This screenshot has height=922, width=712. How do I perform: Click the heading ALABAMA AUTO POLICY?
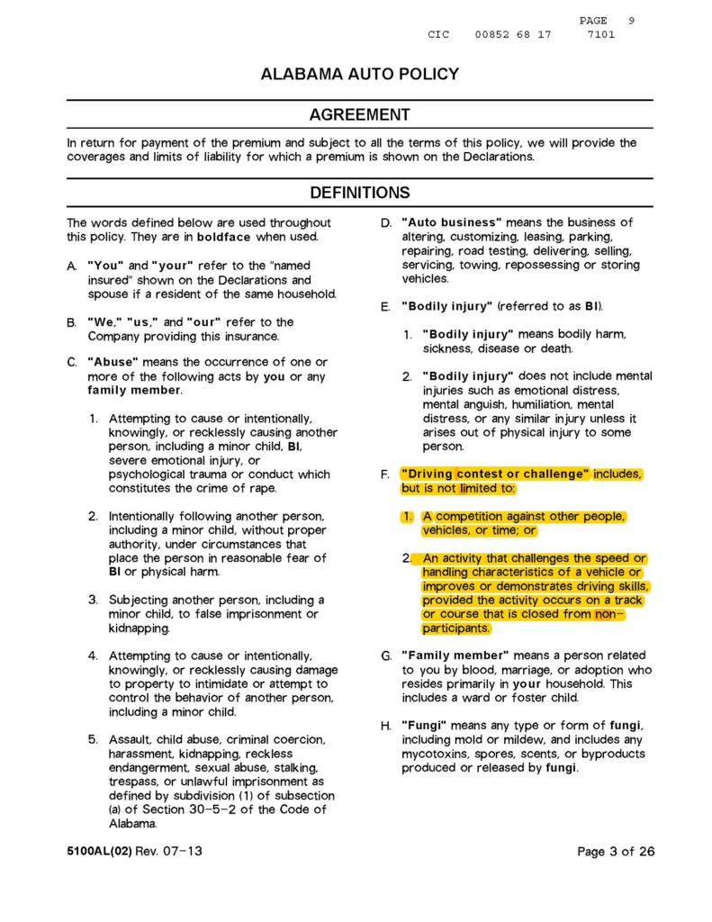pyautogui.click(x=359, y=75)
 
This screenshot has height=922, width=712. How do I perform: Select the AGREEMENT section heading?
pyautogui.click(x=359, y=115)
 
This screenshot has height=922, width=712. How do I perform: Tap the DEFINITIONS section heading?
pyautogui.click(x=359, y=193)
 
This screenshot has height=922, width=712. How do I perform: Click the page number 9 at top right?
pyautogui.click(x=631, y=20)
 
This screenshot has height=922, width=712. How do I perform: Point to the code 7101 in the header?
pyautogui.click(x=600, y=34)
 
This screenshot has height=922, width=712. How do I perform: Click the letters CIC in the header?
pyautogui.click(x=438, y=34)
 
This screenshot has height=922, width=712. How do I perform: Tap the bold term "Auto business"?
pyautogui.click(x=451, y=222)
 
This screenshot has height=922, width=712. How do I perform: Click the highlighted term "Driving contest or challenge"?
pyautogui.click(x=495, y=474)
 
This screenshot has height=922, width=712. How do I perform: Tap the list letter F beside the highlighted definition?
pyautogui.click(x=384, y=474)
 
